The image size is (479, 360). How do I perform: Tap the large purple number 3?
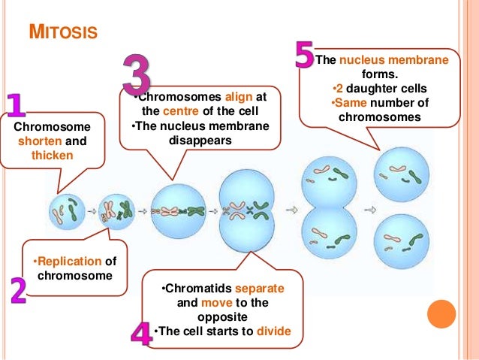(x=137, y=74)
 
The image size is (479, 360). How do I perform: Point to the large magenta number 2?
(x=17, y=290)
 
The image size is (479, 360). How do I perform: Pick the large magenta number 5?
(x=303, y=56)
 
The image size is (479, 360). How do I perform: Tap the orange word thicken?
(x=52, y=156)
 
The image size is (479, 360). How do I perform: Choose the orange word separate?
(x=260, y=289)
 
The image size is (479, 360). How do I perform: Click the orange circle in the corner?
(x=441, y=314)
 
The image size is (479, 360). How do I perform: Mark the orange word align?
(x=240, y=98)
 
